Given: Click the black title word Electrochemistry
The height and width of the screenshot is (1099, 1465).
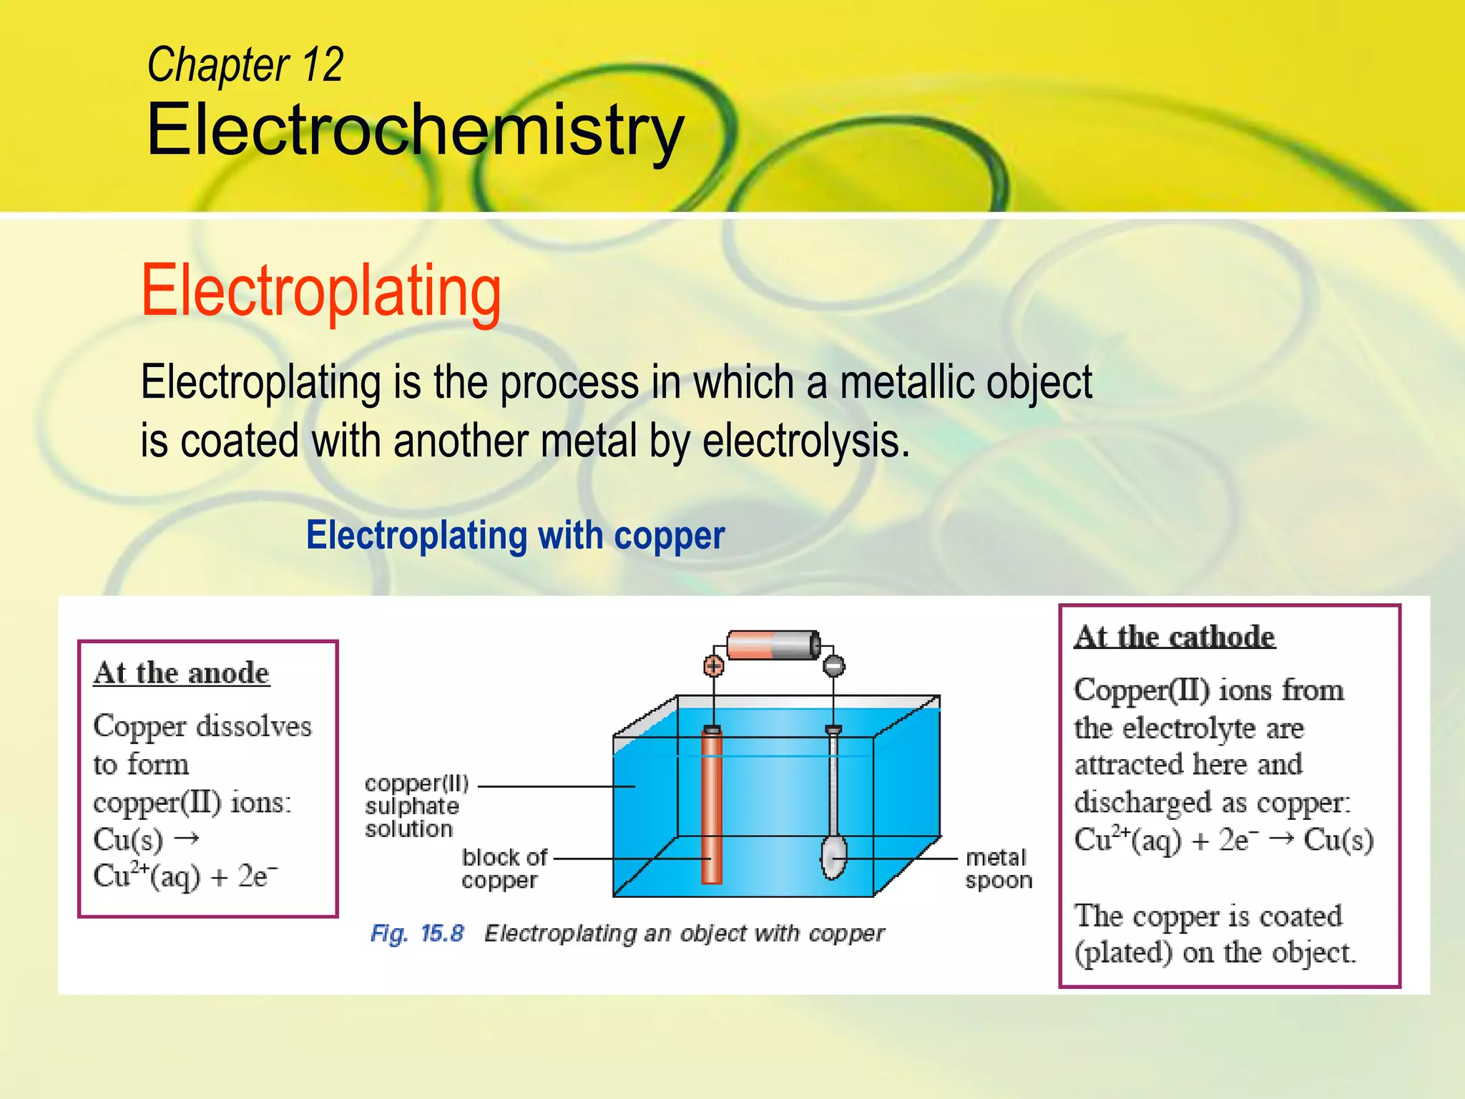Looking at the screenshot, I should coord(415,130).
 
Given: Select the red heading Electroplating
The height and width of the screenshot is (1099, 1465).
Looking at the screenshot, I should coord(321,290).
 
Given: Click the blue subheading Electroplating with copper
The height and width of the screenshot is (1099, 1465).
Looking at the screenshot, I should coord(515,535).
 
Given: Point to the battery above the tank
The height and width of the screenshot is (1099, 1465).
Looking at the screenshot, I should coord(773,645).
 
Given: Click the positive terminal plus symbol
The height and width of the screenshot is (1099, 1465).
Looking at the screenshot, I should coord(713,666).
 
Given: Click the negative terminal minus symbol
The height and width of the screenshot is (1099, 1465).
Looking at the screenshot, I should coord(833,666).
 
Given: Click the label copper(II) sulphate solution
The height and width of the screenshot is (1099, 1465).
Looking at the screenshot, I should coord(416,806).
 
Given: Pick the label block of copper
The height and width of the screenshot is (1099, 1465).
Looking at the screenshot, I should coord(504,868).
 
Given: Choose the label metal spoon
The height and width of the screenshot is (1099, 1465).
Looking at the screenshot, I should coord(998,868).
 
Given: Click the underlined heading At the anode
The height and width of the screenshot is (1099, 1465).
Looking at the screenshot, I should coord(182,673).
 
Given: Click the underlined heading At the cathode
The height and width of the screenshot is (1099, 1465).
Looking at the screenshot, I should coord(1175,637).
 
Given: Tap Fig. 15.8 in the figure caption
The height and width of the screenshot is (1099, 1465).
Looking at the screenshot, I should coord(417,934).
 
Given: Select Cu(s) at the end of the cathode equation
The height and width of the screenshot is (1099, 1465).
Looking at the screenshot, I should coord(1338,840).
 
